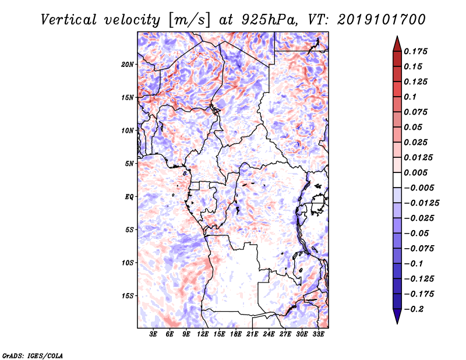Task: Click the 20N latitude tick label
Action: (x=128, y=65)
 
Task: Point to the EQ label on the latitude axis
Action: (x=129, y=197)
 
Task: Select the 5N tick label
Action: (x=129, y=164)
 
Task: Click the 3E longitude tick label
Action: (x=153, y=334)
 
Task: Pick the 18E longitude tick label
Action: (x=236, y=334)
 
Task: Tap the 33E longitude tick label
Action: (x=318, y=334)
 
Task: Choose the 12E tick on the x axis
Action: (x=203, y=334)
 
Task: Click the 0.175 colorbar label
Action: (x=415, y=51)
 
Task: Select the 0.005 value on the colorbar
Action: (x=415, y=172)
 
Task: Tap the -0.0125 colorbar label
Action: (x=421, y=203)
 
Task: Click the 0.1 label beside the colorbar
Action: (x=410, y=97)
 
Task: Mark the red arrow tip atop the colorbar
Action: (x=397, y=36)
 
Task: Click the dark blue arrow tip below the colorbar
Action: (x=397, y=323)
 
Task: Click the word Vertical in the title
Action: (x=69, y=20)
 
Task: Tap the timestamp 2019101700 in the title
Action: (x=382, y=20)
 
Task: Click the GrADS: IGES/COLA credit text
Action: (x=33, y=355)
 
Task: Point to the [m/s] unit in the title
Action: (x=189, y=20)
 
